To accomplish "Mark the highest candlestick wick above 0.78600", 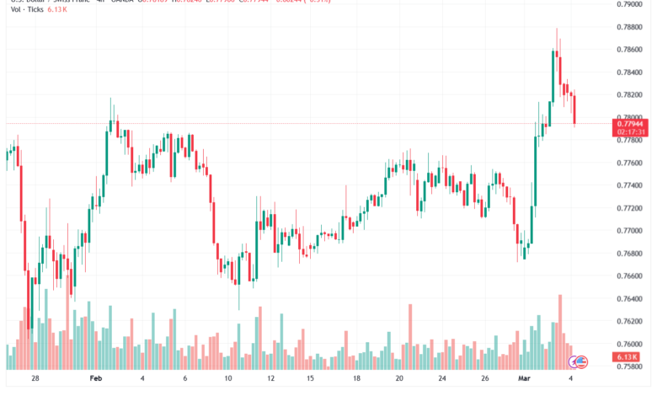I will click(557, 30).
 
